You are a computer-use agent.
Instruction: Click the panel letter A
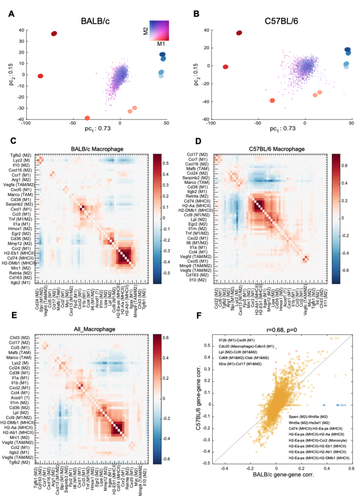[x=11, y=14]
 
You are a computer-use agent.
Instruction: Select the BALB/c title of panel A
[x=95, y=21]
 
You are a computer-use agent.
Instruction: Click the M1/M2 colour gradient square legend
[x=159, y=30]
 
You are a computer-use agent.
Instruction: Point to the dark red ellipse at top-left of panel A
[x=54, y=34]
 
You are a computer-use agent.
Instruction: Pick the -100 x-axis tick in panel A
[x=26, y=123]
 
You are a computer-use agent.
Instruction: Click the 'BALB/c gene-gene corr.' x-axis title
[x=283, y=475]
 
